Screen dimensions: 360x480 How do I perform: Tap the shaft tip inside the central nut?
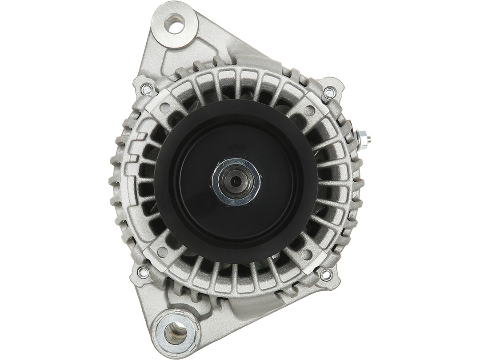pyautogui.click(x=235, y=181)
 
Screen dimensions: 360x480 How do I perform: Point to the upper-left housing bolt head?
pyautogui.click(x=147, y=89)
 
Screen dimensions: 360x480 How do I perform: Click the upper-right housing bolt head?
pyautogui.click(x=329, y=93)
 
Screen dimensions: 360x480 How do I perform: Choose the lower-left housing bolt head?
pyautogui.click(x=143, y=272)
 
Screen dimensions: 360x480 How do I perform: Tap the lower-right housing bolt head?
pyautogui.click(x=326, y=275)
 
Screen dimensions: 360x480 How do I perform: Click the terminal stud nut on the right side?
pyautogui.click(x=364, y=140)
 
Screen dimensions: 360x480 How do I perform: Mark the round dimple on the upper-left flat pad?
pyautogui.click(x=165, y=108)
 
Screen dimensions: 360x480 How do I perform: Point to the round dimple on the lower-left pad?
pyautogui.click(x=162, y=252)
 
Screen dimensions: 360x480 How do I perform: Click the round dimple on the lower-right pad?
pyautogui.click(x=307, y=255)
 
